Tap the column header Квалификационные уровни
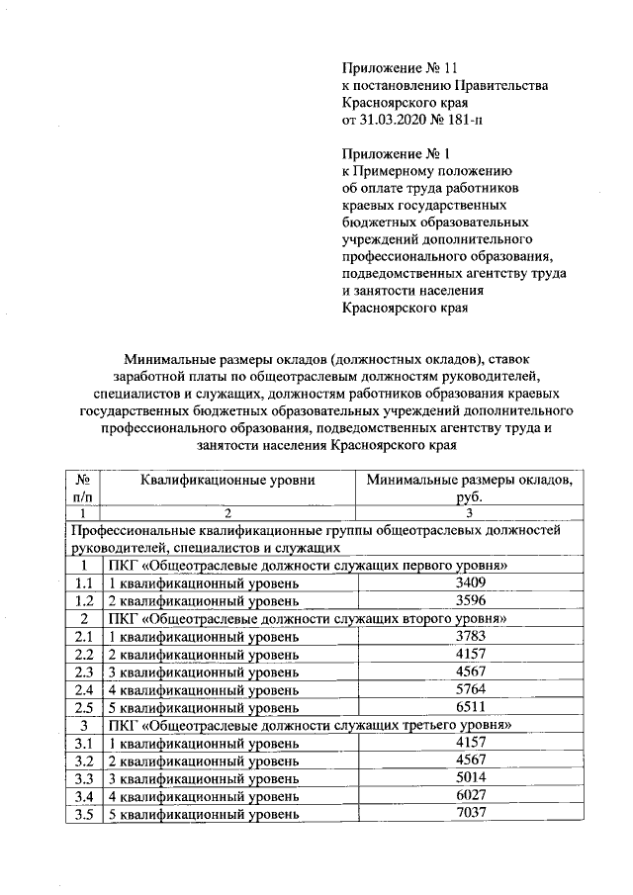(x=227, y=481)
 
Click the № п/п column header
(x=84, y=489)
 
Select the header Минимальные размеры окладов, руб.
(x=468, y=489)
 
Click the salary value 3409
(x=468, y=583)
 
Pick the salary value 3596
(x=468, y=601)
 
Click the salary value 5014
(x=468, y=778)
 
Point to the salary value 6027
(x=468, y=796)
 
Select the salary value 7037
(x=468, y=814)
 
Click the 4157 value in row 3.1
(x=468, y=743)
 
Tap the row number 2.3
(x=84, y=672)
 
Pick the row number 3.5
(x=84, y=815)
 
